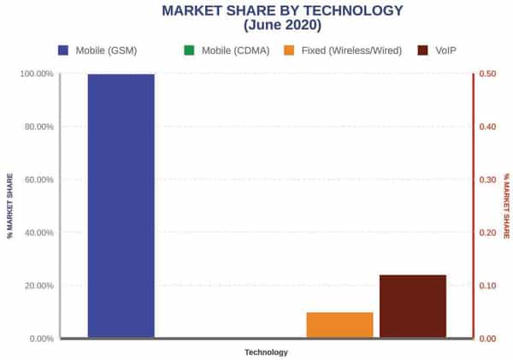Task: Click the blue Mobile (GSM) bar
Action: pos(121,205)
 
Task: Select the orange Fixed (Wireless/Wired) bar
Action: pos(339,325)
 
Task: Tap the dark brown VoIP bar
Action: pos(413,306)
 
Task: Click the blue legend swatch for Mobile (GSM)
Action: pos(63,50)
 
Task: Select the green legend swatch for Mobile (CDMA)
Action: pos(190,50)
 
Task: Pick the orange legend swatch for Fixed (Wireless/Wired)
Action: pos(289,50)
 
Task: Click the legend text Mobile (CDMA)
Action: pos(235,50)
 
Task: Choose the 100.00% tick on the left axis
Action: pos(36,74)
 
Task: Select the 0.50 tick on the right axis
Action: pos(488,74)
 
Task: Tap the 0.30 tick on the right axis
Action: pos(488,180)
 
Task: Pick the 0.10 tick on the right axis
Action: pos(488,286)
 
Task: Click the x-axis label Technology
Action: pos(266,351)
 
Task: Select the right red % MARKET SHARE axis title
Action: pos(505,206)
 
